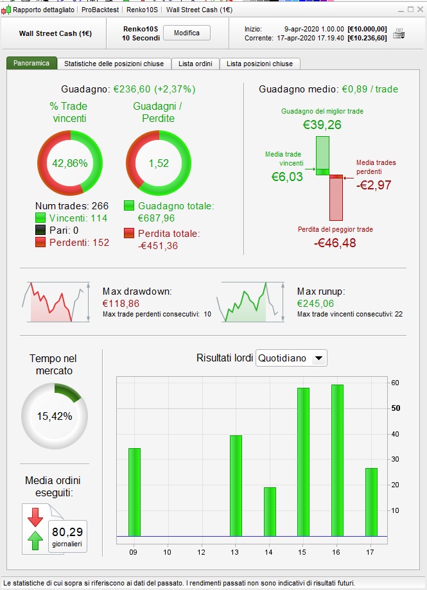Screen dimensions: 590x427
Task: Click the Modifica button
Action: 187,33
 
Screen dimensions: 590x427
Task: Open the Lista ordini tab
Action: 195,64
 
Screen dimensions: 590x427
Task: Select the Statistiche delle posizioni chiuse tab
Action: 114,64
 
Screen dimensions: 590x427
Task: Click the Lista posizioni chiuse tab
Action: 259,64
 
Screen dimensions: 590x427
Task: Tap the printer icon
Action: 399,34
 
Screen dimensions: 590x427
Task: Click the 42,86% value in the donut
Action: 69,163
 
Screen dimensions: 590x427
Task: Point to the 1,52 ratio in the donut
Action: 158,163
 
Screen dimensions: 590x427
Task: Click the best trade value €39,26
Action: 322,125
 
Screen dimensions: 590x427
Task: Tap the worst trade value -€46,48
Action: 335,243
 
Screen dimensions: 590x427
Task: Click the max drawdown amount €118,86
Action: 121,303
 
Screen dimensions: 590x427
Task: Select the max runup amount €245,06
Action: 315,303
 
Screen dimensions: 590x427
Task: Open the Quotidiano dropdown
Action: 292,358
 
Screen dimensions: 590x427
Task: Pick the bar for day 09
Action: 134,492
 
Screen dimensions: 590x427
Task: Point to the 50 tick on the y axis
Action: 396,408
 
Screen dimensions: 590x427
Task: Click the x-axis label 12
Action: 200,551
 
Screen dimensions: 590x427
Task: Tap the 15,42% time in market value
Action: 55,416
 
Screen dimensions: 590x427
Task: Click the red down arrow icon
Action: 35,516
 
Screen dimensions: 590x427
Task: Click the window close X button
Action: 419,10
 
